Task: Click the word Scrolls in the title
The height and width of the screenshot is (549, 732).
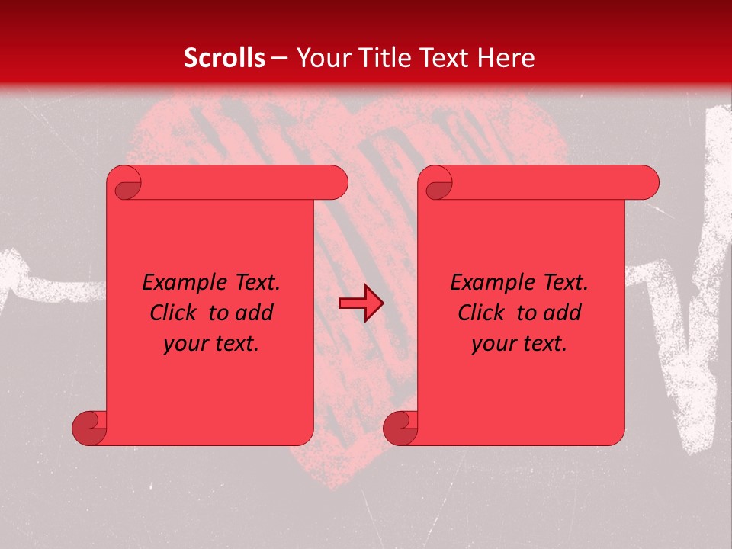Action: coord(225,58)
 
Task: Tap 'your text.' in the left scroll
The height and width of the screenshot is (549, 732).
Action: coord(211,344)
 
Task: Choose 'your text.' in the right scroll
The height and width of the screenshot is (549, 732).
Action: coord(519,344)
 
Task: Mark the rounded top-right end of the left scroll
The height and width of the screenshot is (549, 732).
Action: coord(335,183)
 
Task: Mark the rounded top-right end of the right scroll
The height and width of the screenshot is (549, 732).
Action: coord(647,183)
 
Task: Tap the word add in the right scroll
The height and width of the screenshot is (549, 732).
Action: coord(563,313)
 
